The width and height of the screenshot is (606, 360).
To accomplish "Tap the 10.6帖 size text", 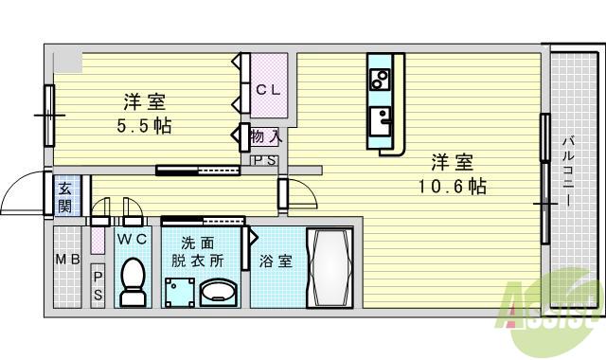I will point(453,187).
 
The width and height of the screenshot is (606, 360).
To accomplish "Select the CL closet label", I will point(268,90).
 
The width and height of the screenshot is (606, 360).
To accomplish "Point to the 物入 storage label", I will point(265,138).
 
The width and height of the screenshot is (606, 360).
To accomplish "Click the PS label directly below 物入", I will point(264,160).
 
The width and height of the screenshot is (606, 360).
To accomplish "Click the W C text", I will point(132,239).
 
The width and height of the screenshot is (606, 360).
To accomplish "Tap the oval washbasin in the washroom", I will point(220,291).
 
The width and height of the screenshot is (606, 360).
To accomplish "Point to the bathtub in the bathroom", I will point(330,266).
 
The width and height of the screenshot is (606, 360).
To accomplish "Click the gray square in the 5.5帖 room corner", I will point(66,62).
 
